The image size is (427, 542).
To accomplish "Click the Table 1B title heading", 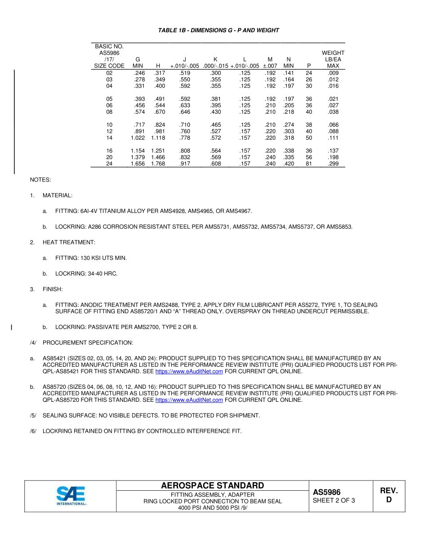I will click(218, 31).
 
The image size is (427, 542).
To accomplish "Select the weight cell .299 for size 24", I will click(333, 164).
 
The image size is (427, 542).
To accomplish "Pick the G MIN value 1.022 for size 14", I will click(138, 138).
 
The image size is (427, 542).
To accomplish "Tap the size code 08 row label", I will click(109, 112).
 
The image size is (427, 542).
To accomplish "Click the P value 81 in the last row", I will click(309, 164).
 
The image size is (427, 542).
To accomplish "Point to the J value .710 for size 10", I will click(184, 125).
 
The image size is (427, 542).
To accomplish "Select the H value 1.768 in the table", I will click(158, 164).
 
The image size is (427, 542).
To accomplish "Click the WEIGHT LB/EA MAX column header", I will click(333, 59).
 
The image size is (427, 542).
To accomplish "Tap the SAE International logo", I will click(71, 496).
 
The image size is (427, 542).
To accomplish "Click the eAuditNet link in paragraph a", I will click(189, 372).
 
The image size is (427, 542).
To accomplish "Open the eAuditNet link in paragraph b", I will click(189, 400).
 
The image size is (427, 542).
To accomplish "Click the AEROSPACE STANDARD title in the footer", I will click(213, 485).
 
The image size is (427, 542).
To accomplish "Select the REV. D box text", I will click(389, 495).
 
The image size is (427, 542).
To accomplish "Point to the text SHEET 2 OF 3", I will click(334, 501).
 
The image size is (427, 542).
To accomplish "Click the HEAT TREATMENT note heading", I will click(69, 243).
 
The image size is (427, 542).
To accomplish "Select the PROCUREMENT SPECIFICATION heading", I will click(88, 343).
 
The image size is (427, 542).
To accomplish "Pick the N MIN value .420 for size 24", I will click(289, 164).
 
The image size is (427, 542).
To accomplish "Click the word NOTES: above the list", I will click(40, 180).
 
